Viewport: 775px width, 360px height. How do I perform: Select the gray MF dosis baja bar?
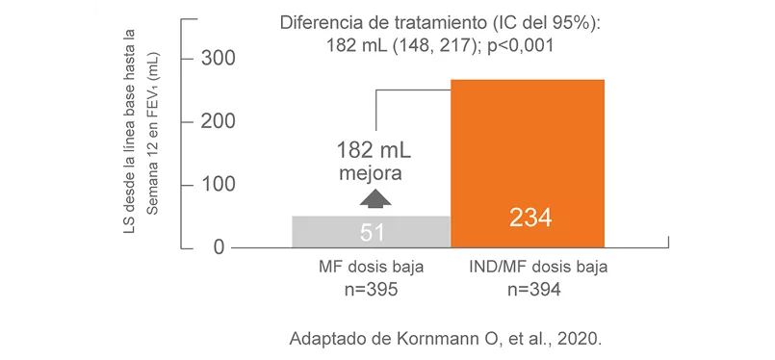[371, 231]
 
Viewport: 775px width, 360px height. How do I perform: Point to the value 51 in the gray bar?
[372, 232]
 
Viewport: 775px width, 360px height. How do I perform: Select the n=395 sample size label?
[371, 288]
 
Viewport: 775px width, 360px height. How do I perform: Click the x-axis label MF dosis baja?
[371, 266]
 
